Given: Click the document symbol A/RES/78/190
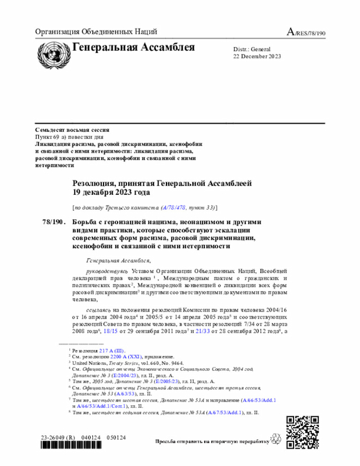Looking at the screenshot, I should tap(306, 32).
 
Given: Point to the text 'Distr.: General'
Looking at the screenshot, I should tap(252, 49).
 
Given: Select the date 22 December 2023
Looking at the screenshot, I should tap(257, 56).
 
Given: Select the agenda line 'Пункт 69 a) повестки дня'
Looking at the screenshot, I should tap(69, 137).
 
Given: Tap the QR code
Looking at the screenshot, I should tap(303, 432).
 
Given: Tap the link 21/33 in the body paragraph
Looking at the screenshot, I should tap(202, 331).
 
